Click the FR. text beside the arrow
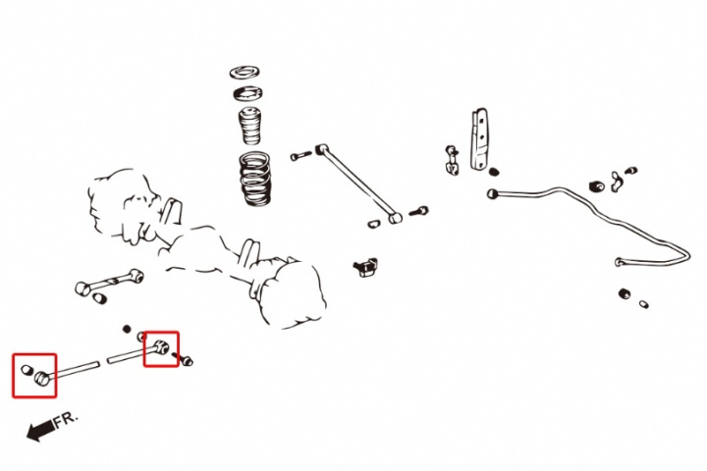(66, 419)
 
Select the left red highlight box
(34, 375)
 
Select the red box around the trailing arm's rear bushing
(161, 348)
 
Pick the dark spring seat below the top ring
(247, 94)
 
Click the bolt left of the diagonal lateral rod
(299, 155)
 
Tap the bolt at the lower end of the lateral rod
(417, 210)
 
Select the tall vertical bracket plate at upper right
(480, 138)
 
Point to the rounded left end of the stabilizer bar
(492, 194)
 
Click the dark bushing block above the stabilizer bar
(595, 184)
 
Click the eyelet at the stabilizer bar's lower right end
(621, 262)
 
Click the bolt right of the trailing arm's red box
(187, 360)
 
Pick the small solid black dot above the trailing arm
(127, 328)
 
